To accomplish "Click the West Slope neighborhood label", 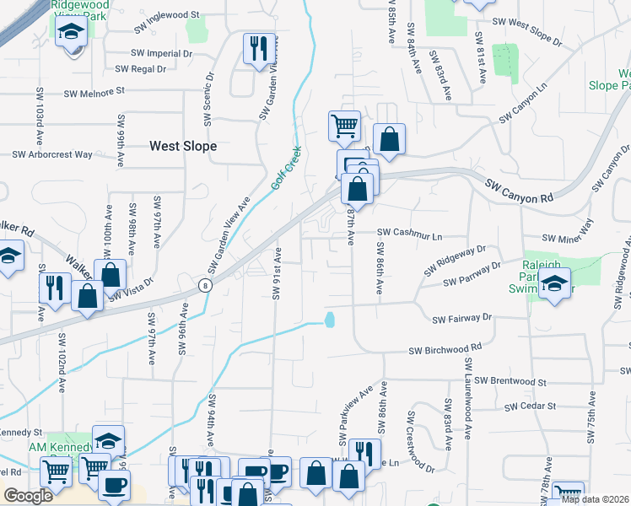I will click(183, 146).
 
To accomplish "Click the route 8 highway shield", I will click(205, 286).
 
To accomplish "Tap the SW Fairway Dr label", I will click(461, 319).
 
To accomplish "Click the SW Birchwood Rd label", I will click(445, 349).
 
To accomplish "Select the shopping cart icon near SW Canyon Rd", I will click(344, 126).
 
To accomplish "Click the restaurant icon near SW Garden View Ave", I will click(258, 49).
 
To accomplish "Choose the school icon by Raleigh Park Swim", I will click(555, 283).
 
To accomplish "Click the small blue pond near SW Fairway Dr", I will click(329, 320).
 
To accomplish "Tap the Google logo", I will click(28, 496).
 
